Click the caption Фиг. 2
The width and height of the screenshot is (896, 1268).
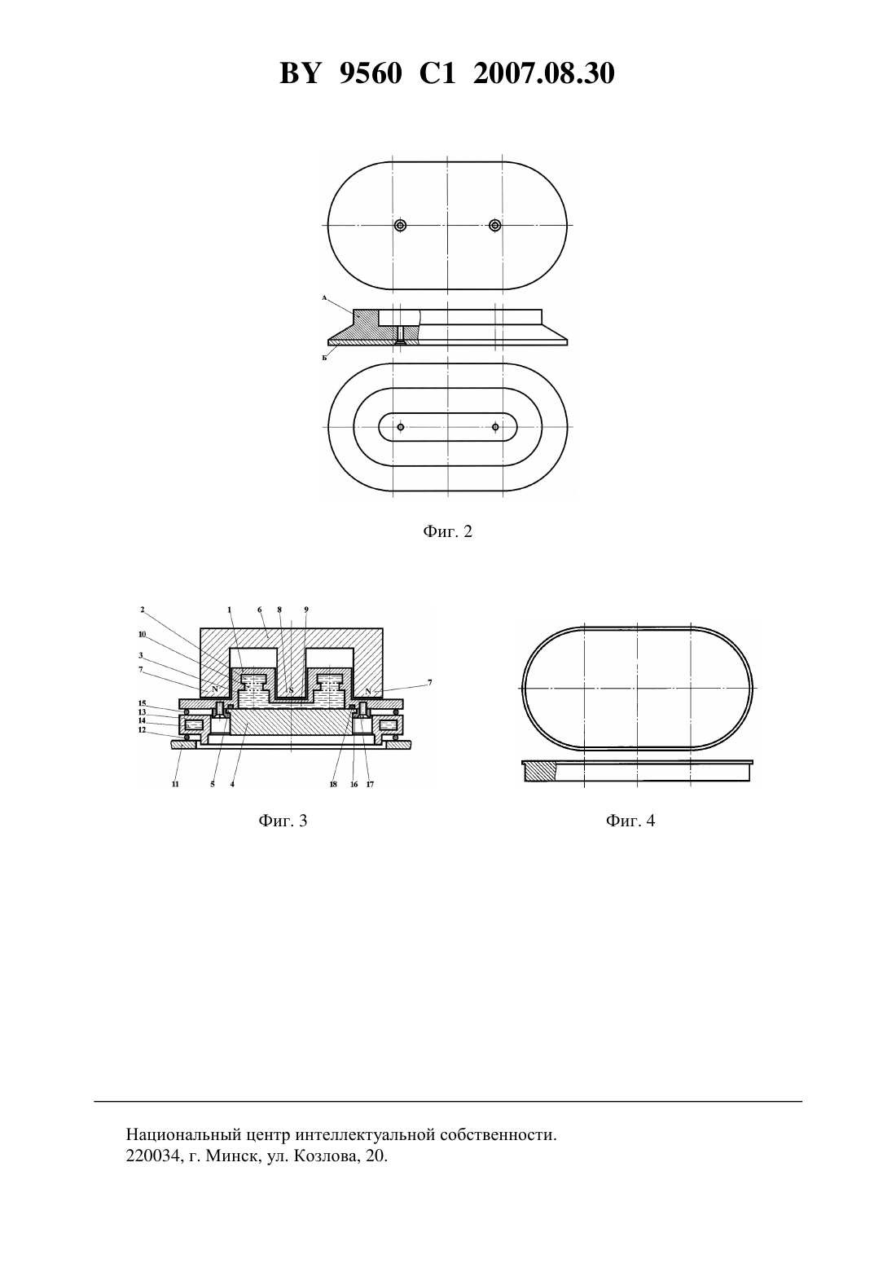[447, 531]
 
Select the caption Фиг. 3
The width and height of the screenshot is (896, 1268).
[283, 821]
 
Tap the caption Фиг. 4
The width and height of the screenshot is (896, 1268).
[630, 821]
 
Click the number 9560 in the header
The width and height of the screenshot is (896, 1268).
[371, 73]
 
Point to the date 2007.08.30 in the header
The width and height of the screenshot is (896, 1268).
[543, 73]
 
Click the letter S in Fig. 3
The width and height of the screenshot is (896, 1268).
[291, 690]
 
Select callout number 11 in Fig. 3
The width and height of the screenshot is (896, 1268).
[175, 785]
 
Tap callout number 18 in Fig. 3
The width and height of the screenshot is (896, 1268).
[332, 785]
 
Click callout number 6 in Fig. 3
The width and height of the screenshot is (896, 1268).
[260, 610]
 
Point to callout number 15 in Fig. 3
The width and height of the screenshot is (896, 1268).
[143, 703]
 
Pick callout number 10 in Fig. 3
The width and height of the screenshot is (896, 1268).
[143, 634]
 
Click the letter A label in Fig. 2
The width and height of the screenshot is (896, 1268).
[325, 297]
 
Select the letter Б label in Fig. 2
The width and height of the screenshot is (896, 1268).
[325, 358]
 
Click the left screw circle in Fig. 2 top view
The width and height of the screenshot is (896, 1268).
[401, 225]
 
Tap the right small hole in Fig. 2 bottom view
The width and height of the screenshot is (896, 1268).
[495, 427]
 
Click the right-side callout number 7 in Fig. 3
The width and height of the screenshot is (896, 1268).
[429, 683]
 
